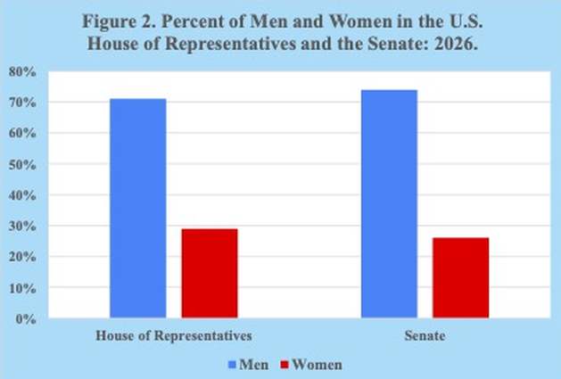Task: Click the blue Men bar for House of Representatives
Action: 138,209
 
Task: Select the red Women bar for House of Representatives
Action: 210,273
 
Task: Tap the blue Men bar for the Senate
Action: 389,204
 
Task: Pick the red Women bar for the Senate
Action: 461,277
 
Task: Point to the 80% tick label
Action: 22,72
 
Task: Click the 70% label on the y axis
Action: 22,103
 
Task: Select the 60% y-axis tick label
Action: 22,134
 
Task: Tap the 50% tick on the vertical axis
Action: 22,165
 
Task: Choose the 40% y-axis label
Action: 22,195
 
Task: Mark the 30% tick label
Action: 22,227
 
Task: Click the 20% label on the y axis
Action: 22,257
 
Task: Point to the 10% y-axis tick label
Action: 22,288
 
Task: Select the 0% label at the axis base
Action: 26,319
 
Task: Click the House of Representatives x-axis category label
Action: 174,335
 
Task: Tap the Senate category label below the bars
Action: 425,335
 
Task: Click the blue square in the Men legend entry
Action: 232,365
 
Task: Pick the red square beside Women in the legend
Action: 285,365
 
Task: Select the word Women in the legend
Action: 318,365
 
